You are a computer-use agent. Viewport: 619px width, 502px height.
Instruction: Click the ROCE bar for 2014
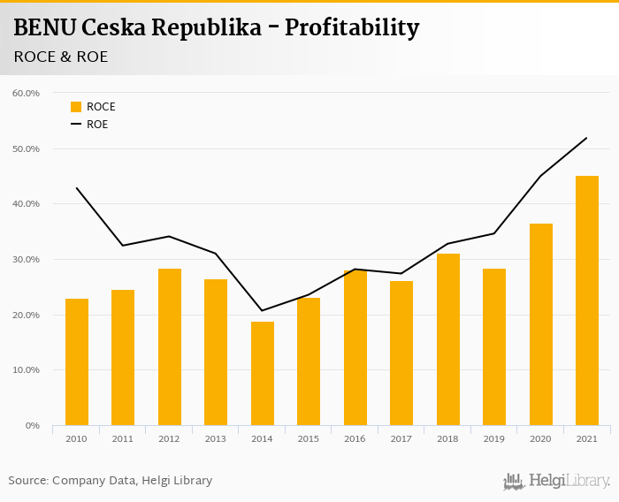pyautogui.click(x=262, y=373)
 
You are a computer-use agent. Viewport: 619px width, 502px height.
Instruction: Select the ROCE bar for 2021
pyautogui.click(x=586, y=300)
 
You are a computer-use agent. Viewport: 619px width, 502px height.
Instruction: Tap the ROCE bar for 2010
pyautogui.click(x=77, y=361)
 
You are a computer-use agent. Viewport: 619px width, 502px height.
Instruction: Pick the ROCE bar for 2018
pyautogui.click(x=447, y=339)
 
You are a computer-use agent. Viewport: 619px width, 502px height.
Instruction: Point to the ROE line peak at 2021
pyautogui.click(x=586, y=138)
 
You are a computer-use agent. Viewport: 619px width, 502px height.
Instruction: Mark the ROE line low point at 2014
pyautogui.click(x=262, y=310)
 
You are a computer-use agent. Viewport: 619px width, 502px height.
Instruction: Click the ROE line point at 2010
pyautogui.click(x=77, y=188)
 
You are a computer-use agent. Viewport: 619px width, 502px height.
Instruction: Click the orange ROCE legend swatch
pyautogui.click(x=76, y=107)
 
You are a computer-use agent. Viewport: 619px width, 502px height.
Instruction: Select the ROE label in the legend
pyautogui.click(x=97, y=125)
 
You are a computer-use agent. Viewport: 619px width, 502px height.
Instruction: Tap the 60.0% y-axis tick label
pyautogui.click(x=27, y=93)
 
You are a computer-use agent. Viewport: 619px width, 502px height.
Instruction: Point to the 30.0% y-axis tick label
pyautogui.click(x=27, y=259)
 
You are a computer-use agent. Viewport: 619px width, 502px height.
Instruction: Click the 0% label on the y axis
pyautogui.click(x=33, y=426)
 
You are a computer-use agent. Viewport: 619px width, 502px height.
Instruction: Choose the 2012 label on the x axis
pyautogui.click(x=169, y=438)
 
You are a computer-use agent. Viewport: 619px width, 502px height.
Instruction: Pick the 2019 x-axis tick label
pyautogui.click(x=493, y=438)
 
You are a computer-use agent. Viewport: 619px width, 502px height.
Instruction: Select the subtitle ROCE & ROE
pyautogui.click(x=61, y=57)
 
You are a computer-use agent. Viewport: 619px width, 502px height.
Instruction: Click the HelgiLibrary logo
pyautogui.click(x=556, y=481)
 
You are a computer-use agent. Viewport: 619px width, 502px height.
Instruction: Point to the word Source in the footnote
pyautogui.click(x=27, y=480)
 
